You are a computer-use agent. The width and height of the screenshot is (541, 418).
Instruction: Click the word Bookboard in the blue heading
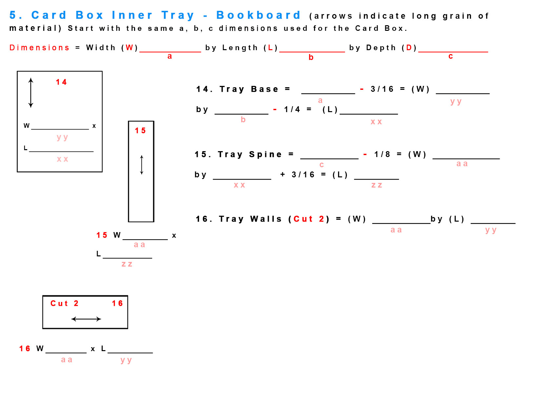pos(258,15)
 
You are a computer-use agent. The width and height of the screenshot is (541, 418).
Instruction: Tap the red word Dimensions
pos(39,48)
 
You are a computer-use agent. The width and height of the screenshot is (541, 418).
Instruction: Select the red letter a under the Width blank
pos(170,56)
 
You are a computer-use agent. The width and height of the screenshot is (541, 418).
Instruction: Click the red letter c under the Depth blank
pos(451,56)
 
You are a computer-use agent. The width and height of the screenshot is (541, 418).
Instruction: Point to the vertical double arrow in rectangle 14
pos(31,93)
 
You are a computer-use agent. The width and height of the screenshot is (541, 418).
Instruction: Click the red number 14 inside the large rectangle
pos(61,82)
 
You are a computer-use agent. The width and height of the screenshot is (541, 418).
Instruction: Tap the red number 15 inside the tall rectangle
pos(140,130)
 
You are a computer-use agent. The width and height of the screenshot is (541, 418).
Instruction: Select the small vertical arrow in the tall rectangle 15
pos(142,165)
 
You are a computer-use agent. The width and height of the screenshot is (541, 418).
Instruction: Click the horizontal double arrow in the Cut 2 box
pos(86,319)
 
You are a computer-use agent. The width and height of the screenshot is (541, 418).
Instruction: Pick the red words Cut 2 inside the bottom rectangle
pos(64,303)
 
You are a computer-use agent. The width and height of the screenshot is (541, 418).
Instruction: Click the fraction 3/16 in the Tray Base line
pos(382,89)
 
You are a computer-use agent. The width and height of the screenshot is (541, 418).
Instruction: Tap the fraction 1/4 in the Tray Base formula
pos(292,109)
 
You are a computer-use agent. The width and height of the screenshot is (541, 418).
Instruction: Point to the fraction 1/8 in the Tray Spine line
pos(382,154)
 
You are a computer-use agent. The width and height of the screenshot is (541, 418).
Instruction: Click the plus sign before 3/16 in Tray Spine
pos(283,174)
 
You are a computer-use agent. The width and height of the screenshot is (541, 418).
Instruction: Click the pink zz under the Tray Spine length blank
pos(377,185)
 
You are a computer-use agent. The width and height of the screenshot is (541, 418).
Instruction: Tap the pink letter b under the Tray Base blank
pos(243,120)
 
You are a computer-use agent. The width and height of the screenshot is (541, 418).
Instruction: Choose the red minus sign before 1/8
pos(365,154)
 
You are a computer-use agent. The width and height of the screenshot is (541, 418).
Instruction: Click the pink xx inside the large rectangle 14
pos(62,159)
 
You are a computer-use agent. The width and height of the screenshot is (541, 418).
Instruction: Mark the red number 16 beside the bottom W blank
pos(25,348)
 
